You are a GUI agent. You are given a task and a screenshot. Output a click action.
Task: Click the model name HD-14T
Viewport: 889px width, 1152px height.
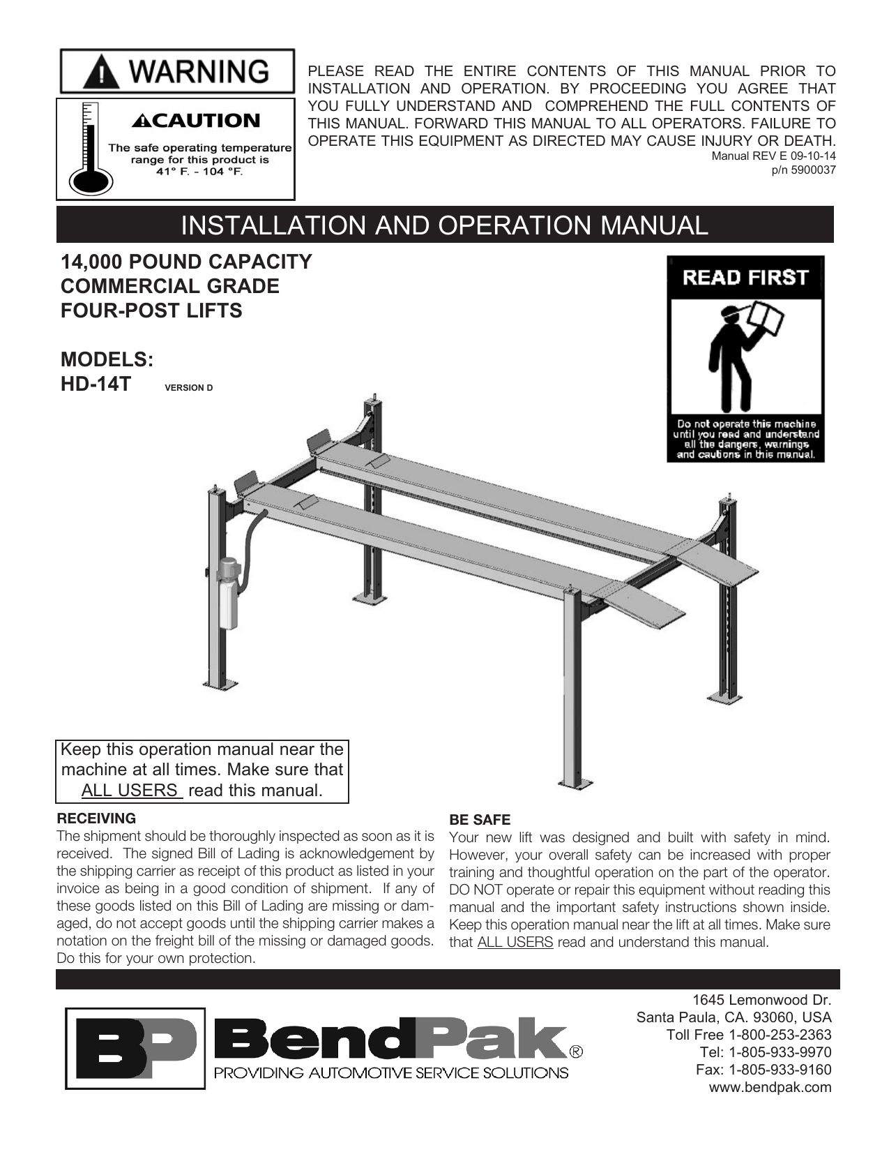pos(96,384)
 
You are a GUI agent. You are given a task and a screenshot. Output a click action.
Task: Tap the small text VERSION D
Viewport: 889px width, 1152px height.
pos(188,388)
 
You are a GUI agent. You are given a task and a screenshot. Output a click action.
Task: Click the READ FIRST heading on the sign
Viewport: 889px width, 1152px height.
pos(745,278)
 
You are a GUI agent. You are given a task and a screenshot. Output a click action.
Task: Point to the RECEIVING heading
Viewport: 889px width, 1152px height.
pos(96,818)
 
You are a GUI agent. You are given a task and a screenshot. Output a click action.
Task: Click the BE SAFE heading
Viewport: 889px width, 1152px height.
pos(480,820)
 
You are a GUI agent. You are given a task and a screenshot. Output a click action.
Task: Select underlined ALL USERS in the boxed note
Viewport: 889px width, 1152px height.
pos(131,791)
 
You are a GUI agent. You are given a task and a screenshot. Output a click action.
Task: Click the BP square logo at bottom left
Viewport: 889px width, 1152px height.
pos(135,1048)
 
